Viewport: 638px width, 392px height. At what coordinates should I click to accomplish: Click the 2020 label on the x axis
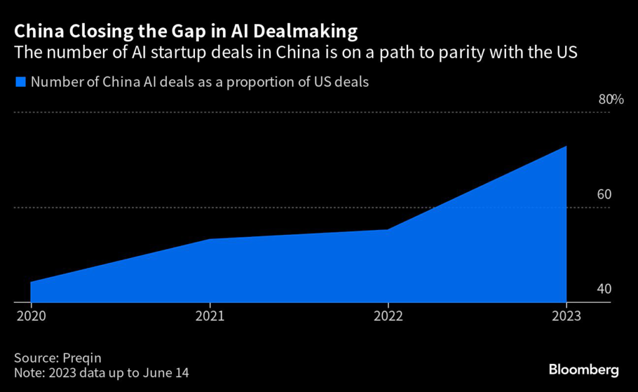pos(31,316)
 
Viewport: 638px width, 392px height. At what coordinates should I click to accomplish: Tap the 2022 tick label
pos(388,316)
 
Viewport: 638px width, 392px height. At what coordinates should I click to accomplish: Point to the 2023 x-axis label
pos(566,316)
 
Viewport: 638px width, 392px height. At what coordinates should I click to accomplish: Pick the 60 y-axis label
pos(604,194)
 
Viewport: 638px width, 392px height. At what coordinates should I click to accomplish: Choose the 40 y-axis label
pos(604,289)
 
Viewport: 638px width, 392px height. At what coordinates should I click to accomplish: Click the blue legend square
pos(21,82)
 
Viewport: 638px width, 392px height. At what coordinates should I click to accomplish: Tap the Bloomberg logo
pos(584,370)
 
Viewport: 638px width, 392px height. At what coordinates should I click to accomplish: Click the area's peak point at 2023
pos(566,146)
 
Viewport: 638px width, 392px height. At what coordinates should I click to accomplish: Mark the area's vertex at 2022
pos(388,229)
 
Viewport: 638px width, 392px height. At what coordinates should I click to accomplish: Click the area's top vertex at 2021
pos(209,239)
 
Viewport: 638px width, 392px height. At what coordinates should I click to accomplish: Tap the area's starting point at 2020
pos(31,282)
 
